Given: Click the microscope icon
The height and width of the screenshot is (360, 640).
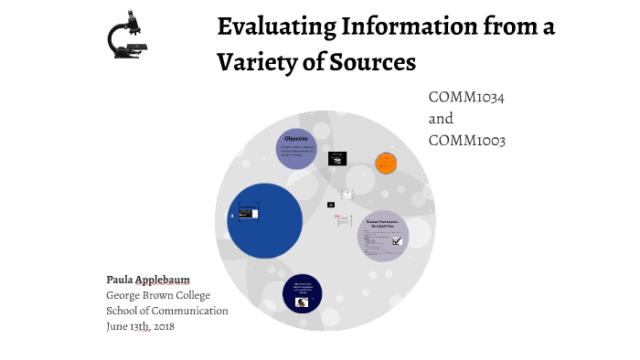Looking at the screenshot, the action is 127,34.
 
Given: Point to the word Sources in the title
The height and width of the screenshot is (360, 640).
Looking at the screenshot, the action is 370,62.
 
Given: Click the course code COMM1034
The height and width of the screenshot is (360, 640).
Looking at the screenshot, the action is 466,97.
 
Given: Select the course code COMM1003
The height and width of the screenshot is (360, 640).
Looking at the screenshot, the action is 466,140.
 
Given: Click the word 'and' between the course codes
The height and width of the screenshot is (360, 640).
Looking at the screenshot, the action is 441,119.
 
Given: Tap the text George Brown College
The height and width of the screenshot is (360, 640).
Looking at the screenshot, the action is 158,295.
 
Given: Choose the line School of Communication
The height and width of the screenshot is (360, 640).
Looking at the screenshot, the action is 167,311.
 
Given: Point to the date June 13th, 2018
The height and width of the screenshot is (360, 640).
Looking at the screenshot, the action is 140,326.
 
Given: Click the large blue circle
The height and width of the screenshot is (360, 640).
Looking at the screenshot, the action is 264,219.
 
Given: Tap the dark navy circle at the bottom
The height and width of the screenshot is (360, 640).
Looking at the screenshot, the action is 302,292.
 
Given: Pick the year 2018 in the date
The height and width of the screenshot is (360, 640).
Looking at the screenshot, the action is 162,326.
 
